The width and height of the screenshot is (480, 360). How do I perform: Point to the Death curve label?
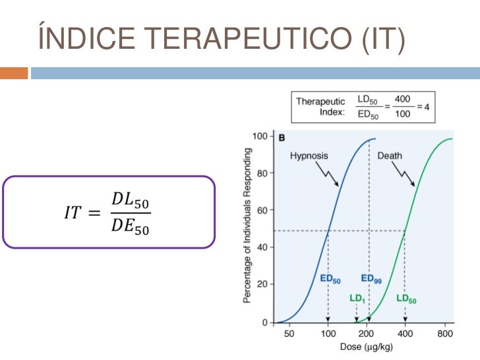390,156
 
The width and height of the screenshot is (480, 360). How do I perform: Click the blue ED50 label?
330,278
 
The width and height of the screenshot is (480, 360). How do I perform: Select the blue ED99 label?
370,278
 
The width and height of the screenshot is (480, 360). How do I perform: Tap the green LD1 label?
357,298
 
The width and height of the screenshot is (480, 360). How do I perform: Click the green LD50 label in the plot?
406,298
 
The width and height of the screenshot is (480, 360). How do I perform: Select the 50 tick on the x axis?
289,334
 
